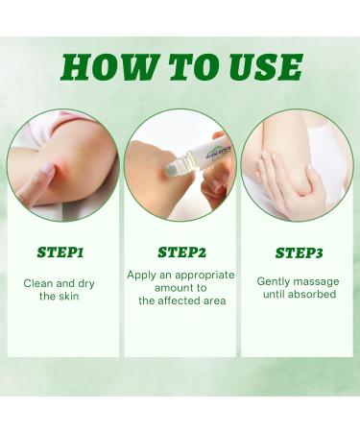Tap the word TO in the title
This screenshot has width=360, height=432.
[x=187, y=66]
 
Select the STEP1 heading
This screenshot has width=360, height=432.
[x=60, y=253]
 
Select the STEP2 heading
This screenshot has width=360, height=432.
[x=180, y=253]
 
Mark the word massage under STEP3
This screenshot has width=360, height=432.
[x=319, y=281]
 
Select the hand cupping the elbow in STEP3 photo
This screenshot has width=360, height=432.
[x=278, y=173]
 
